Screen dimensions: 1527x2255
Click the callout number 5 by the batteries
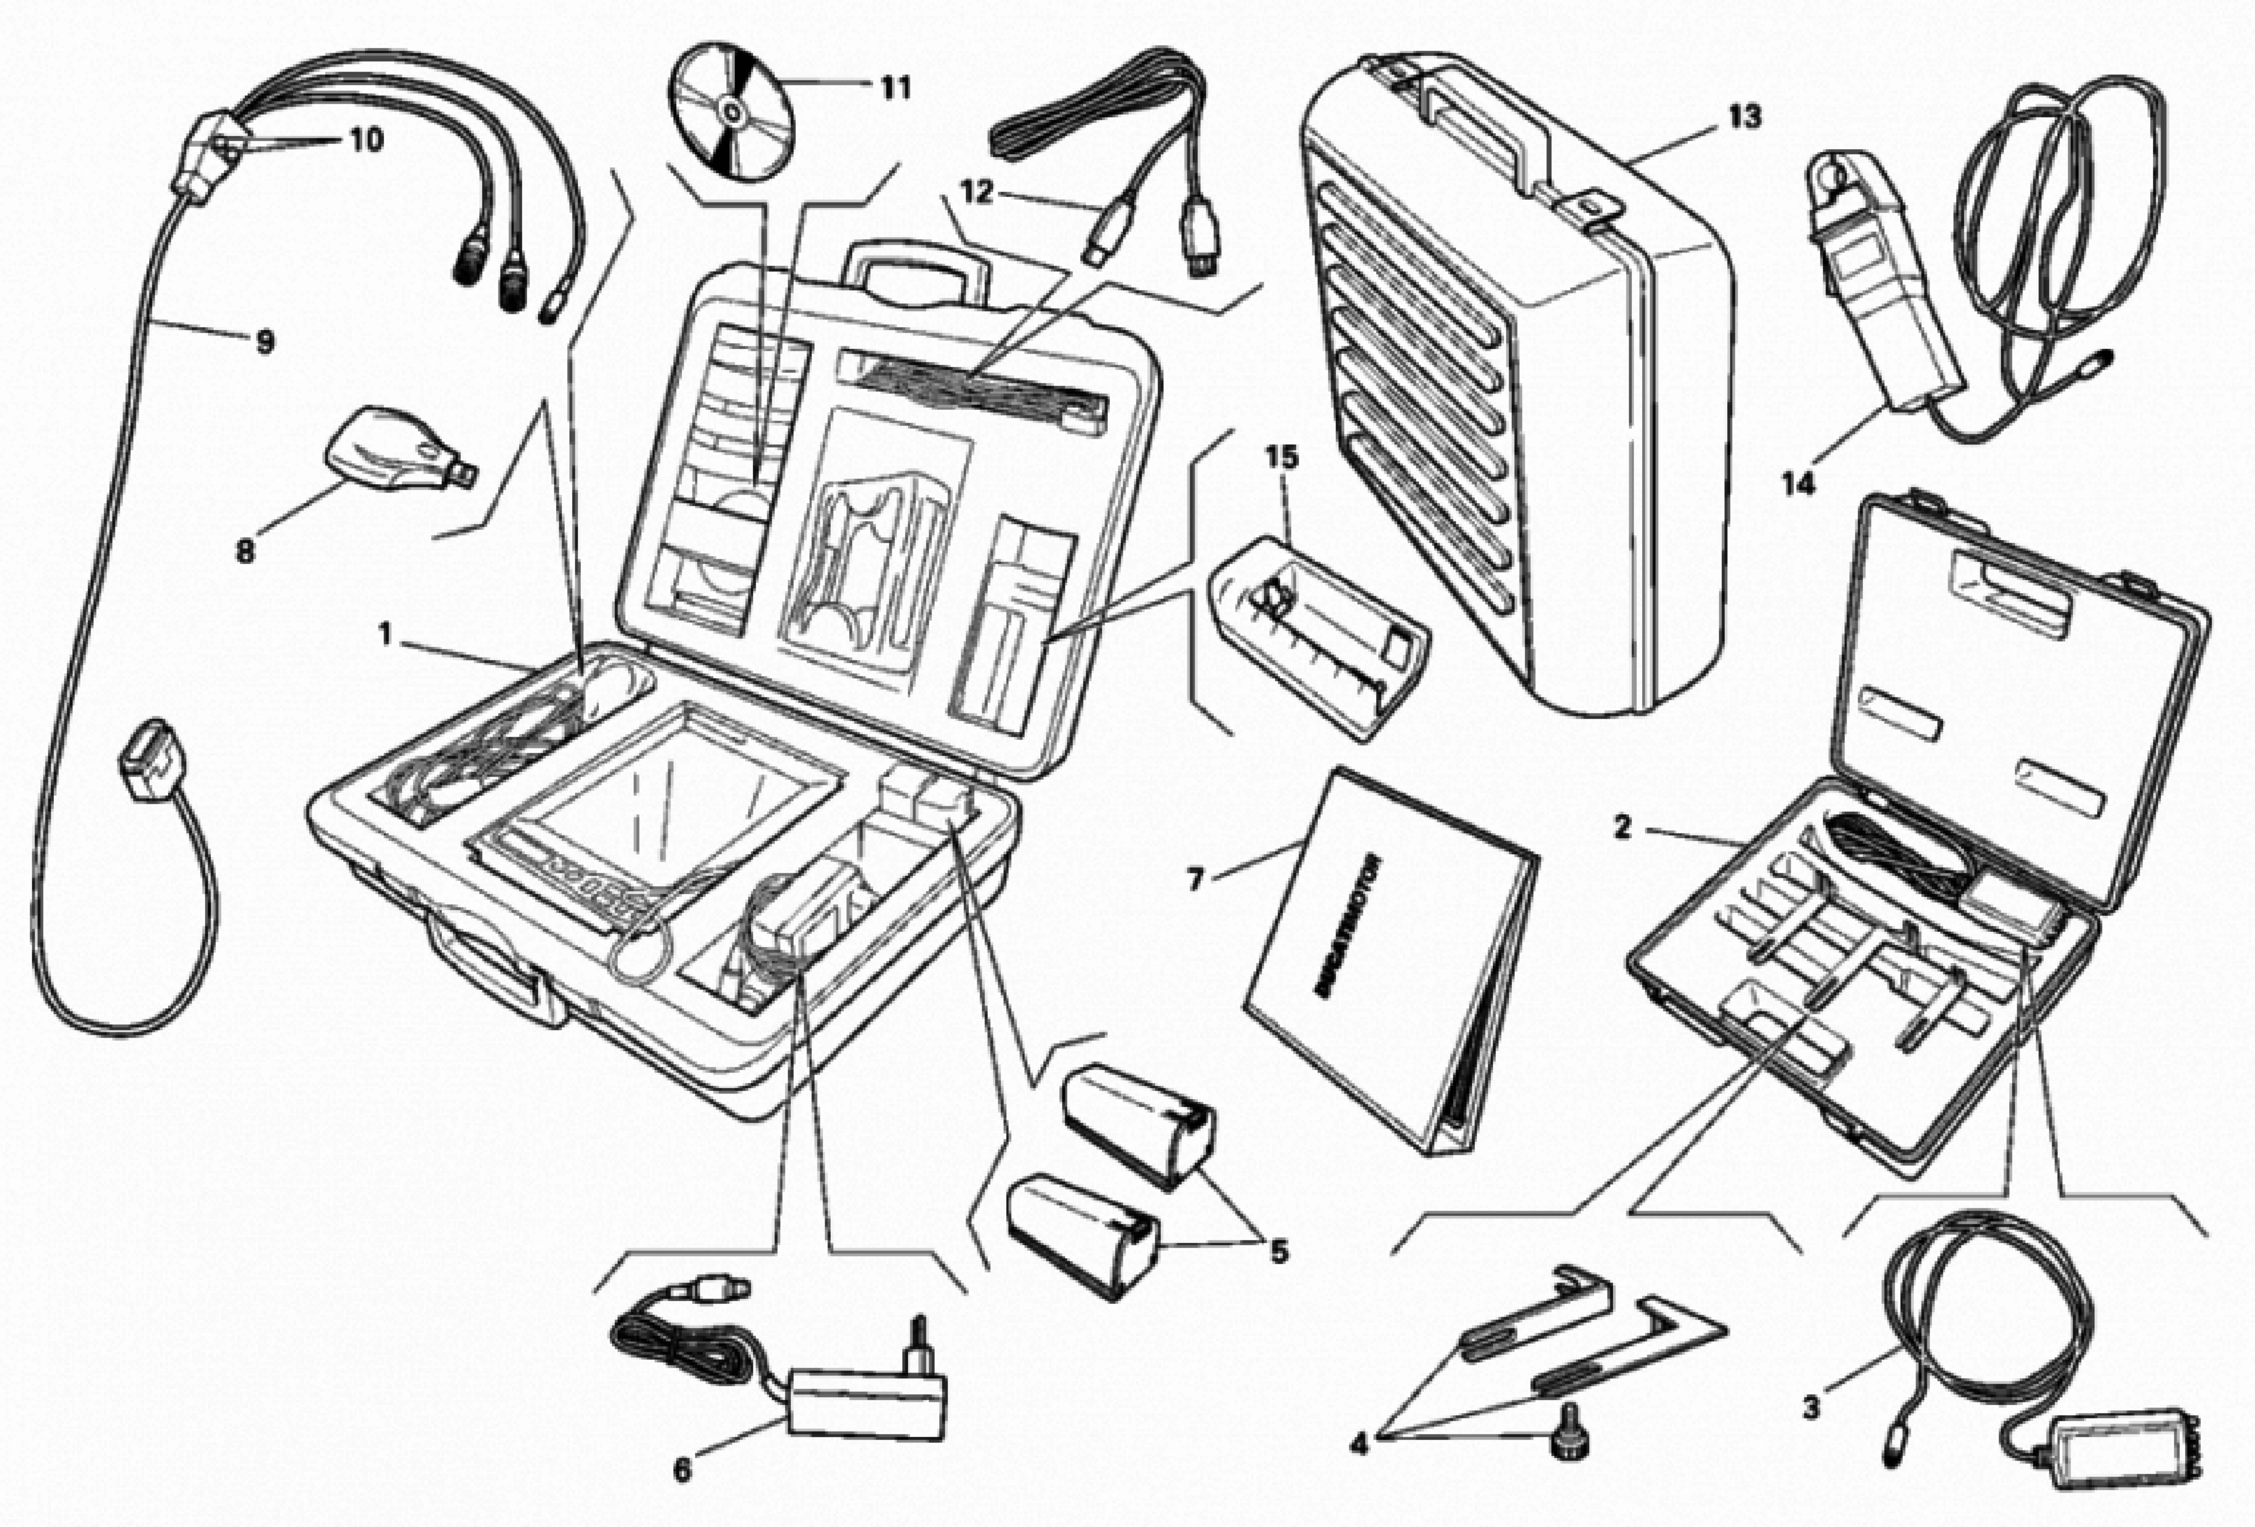(1279, 1251)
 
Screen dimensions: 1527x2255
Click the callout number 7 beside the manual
(1195, 880)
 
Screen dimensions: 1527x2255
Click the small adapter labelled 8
(398, 451)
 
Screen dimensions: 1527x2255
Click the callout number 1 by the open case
(385, 635)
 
